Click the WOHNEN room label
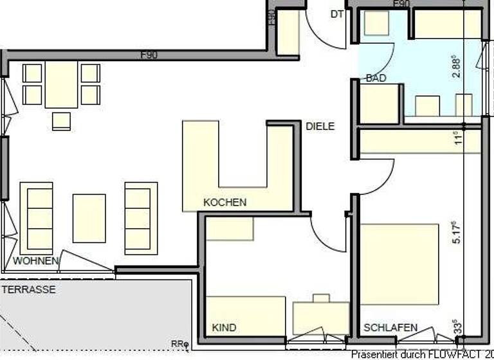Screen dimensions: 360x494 click(x=37, y=261)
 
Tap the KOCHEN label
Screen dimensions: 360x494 click(x=224, y=203)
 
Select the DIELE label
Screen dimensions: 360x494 click(x=320, y=127)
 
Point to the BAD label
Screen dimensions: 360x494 click(x=376, y=78)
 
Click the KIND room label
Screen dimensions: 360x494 click(x=224, y=328)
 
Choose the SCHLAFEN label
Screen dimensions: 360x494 click(x=390, y=328)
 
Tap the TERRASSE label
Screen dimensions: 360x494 click(x=28, y=290)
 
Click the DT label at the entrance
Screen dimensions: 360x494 click(x=337, y=14)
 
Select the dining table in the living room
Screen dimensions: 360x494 click(x=61, y=84)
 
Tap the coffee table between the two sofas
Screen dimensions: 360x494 click(x=89, y=218)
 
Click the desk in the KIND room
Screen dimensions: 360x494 click(x=320, y=317)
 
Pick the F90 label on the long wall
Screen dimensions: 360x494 click(x=149, y=55)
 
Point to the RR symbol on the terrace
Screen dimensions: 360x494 click(x=178, y=344)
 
